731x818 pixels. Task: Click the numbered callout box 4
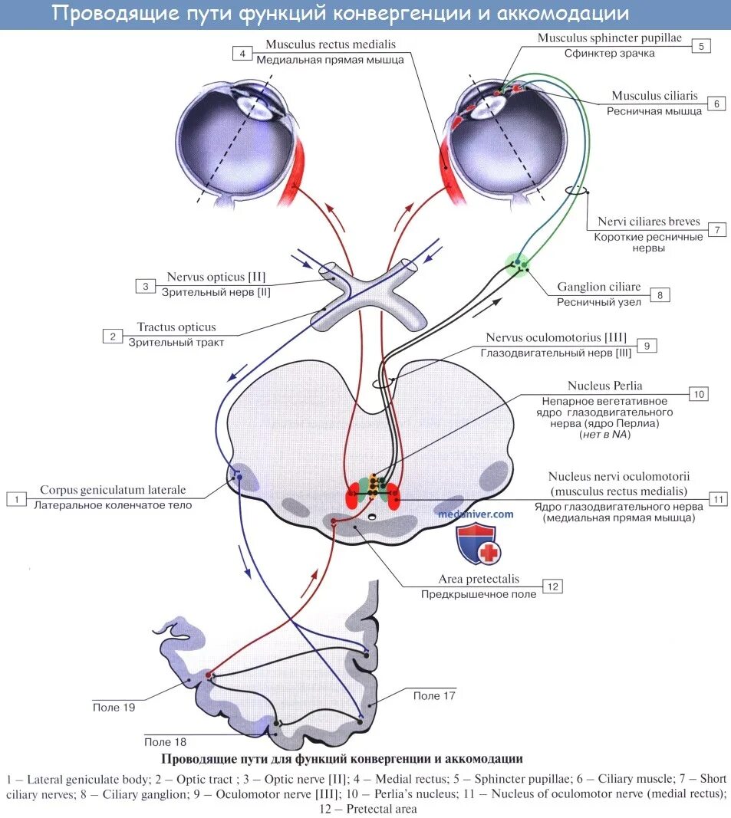click(242, 53)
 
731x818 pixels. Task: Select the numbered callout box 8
click(659, 294)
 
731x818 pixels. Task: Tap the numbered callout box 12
click(552, 586)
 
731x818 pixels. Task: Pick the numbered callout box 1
click(15, 498)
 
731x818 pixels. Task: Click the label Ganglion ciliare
click(599, 287)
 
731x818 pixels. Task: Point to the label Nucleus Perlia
click(605, 386)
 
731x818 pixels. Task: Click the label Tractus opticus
click(176, 327)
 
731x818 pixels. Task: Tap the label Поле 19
click(113, 707)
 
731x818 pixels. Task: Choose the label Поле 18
click(165, 741)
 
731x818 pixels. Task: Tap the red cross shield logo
click(478, 545)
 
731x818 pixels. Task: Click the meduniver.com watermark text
click(476, 514)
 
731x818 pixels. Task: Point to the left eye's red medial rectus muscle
click(292, 174)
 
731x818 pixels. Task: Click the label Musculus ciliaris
click(654, 96)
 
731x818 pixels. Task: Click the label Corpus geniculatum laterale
click(113, 490)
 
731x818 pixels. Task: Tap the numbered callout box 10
click(699, 394)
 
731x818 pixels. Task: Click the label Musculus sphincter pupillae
click(609, 38)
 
